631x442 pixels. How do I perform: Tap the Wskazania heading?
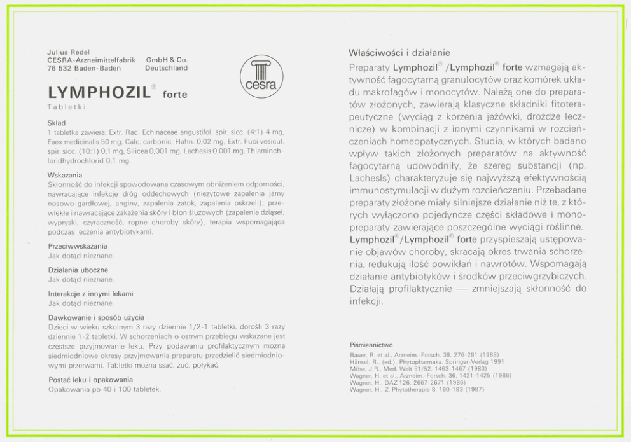tap(64, 174)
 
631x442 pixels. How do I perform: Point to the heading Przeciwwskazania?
tap(78, 246)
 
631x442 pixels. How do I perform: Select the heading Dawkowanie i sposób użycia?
tap(96, 317)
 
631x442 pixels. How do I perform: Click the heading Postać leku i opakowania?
tap(91, 380)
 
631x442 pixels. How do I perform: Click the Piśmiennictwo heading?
tap(371, 345)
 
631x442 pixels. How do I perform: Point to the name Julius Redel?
tap(68, 52)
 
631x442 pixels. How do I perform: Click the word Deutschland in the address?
tap(167, 67)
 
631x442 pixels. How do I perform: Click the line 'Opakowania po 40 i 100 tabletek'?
tap(105, 389)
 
